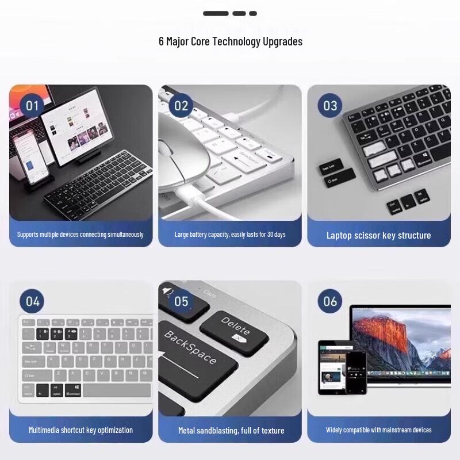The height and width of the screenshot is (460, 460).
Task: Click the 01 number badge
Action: pos(32,106)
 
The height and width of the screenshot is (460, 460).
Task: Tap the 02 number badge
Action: pos(181,106)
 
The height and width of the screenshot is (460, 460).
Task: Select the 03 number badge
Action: pos(330,106)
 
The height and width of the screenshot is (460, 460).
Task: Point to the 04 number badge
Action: pos(32,301)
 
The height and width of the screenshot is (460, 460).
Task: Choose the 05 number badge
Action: pos(181,301)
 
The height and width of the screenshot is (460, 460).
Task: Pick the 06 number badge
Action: pos(330,301)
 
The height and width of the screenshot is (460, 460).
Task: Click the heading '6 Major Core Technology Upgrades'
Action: pos(230,41)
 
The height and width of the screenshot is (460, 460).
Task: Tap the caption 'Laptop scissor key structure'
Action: pos(378,235)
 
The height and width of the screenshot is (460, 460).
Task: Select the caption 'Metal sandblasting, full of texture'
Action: pos(229,430)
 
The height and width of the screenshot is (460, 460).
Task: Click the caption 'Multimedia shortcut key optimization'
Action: pos(80,430)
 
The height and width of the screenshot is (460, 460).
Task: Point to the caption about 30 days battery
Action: pos(230,235)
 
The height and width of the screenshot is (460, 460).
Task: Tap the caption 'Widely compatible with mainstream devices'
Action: pos(378,430)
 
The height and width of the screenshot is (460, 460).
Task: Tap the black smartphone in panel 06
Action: pos(356,373)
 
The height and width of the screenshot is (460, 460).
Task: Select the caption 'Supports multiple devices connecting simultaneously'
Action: pos(80,235)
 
